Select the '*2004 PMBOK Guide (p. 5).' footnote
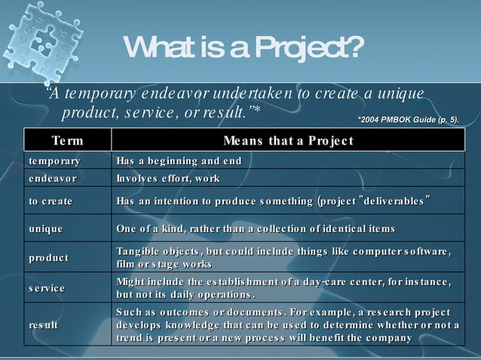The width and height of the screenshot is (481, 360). tap(407, 119)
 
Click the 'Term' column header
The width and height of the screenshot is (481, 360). tap(68, 140)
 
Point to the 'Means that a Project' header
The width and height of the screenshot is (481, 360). tap(288, 140)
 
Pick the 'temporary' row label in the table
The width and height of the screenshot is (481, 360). tap(54, 161)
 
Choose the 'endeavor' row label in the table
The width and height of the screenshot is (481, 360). tap(52, 178)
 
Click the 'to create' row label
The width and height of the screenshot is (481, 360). tap(51, 200)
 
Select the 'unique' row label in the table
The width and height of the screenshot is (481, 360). tap(46, 228)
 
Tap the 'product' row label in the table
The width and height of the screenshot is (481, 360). tap(49, 258)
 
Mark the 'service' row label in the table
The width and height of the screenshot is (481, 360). tap(47, 288)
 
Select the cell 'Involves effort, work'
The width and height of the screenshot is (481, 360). tap(168, 178)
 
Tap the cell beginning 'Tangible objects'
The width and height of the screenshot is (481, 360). tap(283, 258)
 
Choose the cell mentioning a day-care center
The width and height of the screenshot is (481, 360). tap(283, 288)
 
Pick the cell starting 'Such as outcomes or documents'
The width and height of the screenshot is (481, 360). tap(286, 325)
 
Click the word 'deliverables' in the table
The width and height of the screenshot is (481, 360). tap(396, 200)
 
